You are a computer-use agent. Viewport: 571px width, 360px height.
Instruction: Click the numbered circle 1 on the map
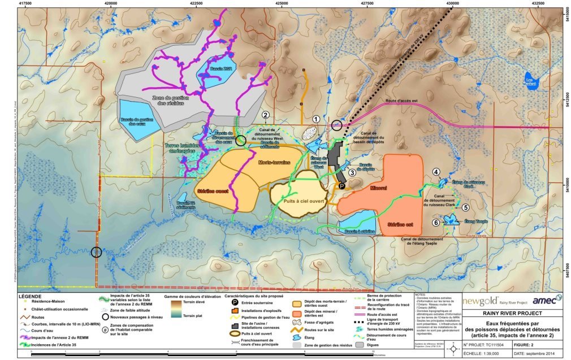pyautogui.click(x=316, y=119)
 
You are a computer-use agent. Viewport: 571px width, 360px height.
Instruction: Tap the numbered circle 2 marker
pyautogui.click(x=265, y=115)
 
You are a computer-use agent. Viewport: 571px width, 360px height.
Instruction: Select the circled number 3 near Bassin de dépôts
pyautogui.click(x=352, y=173)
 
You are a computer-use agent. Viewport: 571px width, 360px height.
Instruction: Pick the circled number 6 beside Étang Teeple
pyautogui.click(x=436, y=223)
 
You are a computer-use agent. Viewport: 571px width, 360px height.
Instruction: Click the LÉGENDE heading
pyautogui.click(x=31, y=296)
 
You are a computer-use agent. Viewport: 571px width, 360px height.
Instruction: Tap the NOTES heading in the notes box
pyautogui.click(x=421, y=294)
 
